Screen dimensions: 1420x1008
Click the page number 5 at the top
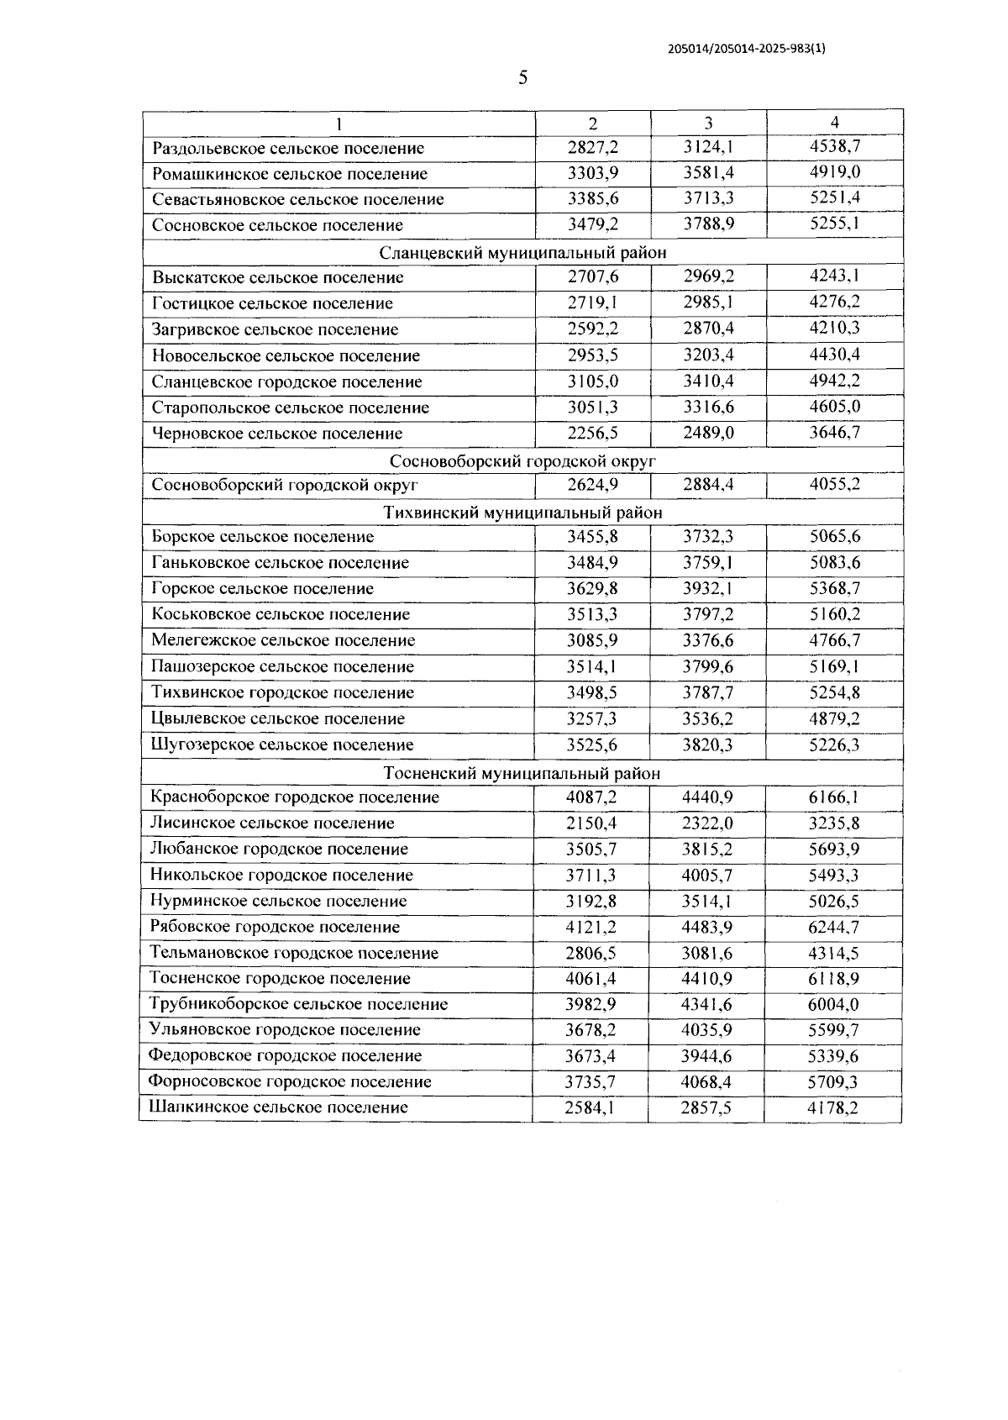coord(523,78)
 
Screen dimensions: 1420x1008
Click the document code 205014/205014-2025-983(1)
coord(747,49)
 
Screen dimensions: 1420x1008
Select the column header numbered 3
coord(708,123)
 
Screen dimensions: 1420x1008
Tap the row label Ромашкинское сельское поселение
coord(290,174)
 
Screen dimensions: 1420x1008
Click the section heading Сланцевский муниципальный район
coord(522,252)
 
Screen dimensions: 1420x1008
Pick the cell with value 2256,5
coord(592,433)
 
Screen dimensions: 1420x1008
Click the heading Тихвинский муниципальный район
coord(522,512)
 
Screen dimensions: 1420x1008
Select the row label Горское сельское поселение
coord(262,588)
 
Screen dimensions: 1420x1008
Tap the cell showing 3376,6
coord(708,640)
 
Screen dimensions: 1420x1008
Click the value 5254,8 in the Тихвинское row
coord(834,692)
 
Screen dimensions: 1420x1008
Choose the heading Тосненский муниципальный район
coord(522,772)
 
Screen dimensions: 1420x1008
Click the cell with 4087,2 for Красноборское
coord(591,797)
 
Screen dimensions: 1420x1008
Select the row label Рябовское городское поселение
coord(275,927)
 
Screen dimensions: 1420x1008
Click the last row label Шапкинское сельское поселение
coord(278,1107)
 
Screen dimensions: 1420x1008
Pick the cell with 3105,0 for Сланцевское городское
coord(592,381)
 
